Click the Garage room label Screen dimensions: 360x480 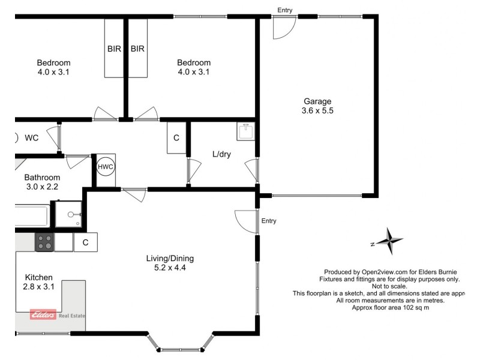(x=317, y=106)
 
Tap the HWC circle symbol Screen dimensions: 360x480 (x=106, y=166)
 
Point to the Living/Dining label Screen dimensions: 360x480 (x=170, y=263)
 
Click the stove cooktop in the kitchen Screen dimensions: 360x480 (x=44, y=242)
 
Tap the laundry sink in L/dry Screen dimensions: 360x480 (x=245, y=131)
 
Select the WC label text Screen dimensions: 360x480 (x=32, y=138)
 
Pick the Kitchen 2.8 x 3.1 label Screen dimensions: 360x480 (x=39, y=282)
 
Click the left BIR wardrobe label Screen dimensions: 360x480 (x=114, y=48)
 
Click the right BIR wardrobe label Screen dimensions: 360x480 (x=137, y=48)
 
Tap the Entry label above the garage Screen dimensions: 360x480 (x=286, y=10)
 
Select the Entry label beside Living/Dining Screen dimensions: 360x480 (x=269, y=221)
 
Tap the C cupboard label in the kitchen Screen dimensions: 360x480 (x=86, y=242)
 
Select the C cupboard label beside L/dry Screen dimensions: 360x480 (x=176, y=138)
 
